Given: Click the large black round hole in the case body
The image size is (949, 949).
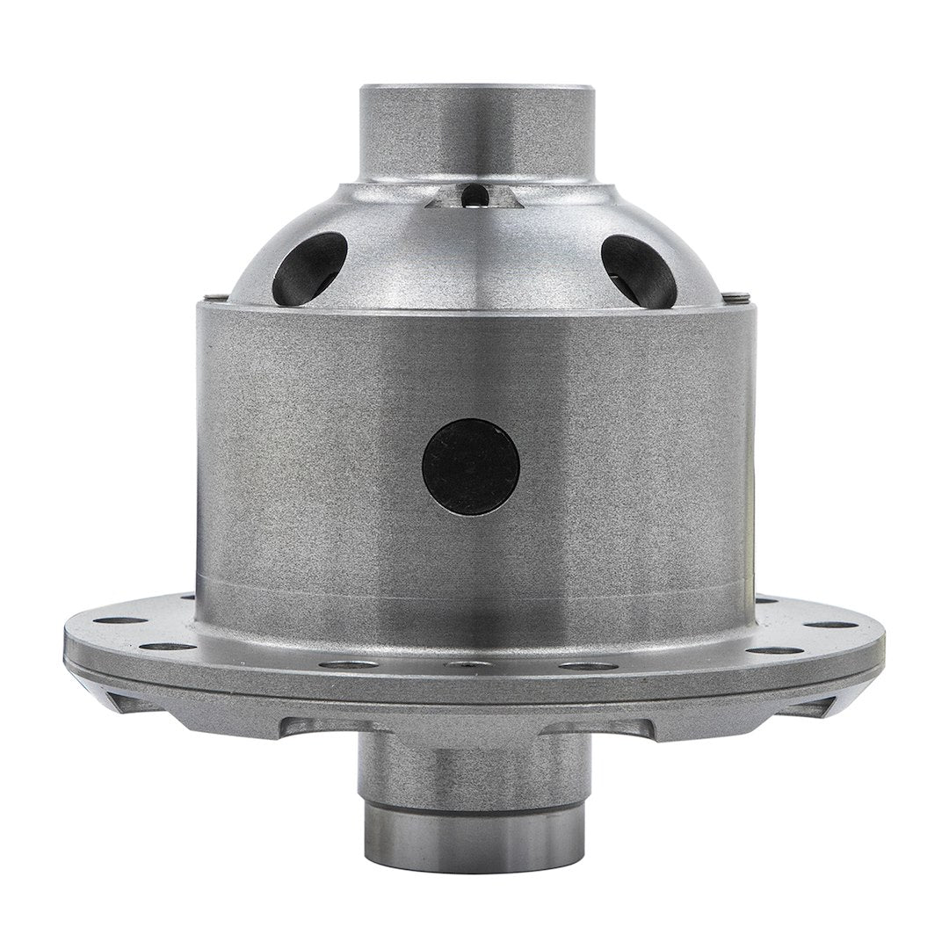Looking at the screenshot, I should [x=470, y=466].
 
